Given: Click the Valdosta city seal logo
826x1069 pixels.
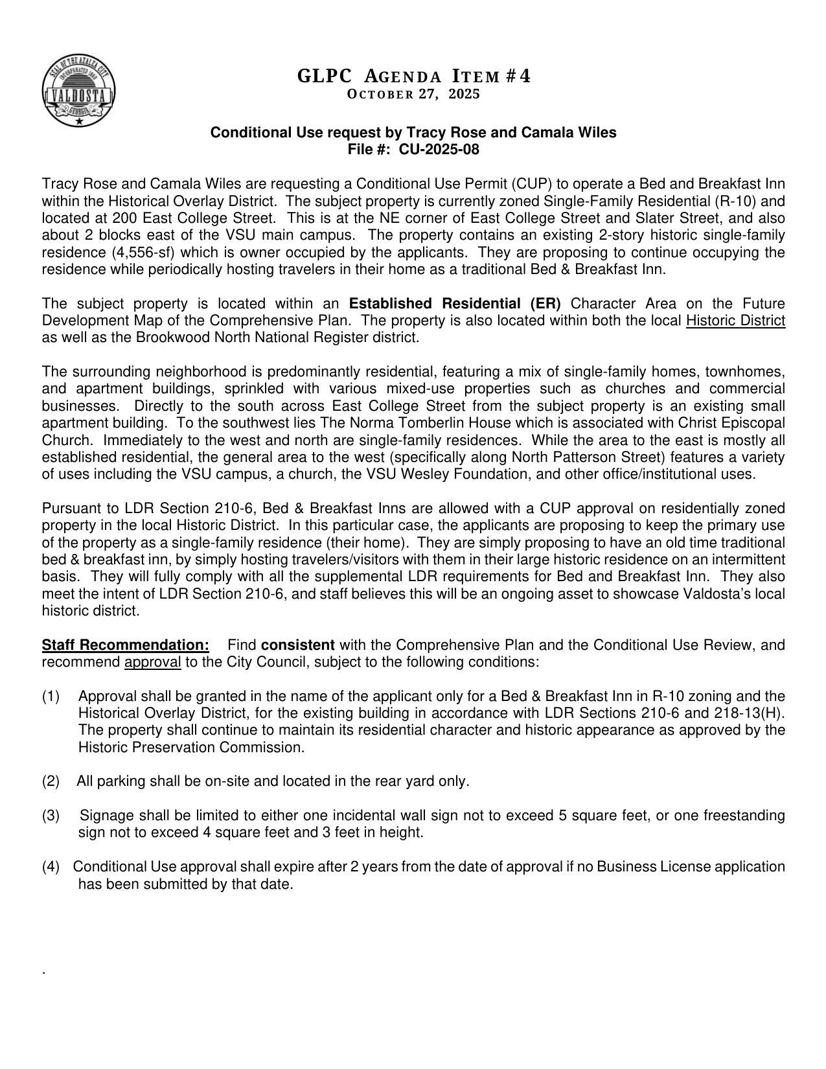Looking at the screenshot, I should (79, 91).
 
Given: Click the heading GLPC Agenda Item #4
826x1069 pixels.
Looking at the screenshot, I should (413, 76).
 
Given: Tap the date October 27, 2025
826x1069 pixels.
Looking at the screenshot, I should (413, 95).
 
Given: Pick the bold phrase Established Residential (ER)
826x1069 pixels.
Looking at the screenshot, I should (455, 304).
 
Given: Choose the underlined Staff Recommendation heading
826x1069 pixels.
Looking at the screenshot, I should (126, 645).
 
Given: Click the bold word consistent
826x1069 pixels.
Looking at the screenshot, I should (298, 645).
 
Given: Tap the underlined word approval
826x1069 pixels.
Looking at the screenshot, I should (152, 662).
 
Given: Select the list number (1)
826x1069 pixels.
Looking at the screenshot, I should (51, 696).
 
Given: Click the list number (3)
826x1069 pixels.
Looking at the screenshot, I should (51, 815).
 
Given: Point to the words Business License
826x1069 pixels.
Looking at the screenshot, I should (648, 867).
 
